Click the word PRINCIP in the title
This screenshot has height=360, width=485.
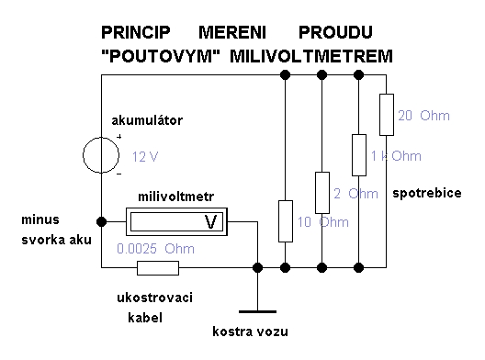pos(136,32)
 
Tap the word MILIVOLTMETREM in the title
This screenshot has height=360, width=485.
pos(311,56)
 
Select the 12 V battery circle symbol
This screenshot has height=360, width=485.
pos(101,155)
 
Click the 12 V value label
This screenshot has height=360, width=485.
pos(145,157)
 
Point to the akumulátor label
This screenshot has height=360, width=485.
pos(147,120)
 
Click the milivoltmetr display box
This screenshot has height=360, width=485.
pos(176,221)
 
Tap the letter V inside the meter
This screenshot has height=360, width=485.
pos(211,221)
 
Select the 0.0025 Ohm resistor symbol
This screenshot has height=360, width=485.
pos(158,268)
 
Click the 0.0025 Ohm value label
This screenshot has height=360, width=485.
pos(155,249)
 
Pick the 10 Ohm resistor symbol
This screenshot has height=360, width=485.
pos(286,221)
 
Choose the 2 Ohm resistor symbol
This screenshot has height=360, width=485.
pos(322,193)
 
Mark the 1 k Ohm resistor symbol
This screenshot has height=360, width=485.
pos(359,155)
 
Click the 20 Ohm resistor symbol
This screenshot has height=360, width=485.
pos(387,115)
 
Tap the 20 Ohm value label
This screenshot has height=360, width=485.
pos(423,116)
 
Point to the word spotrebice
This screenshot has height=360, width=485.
pos(427,193)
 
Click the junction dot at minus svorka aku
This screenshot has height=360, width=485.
pos(101,221)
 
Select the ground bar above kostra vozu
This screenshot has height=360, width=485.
pos(257,311)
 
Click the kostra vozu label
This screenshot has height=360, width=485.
pos(250,332)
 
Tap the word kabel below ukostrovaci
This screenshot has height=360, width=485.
pos(145,318)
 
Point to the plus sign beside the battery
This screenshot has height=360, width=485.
pos(119,137)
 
